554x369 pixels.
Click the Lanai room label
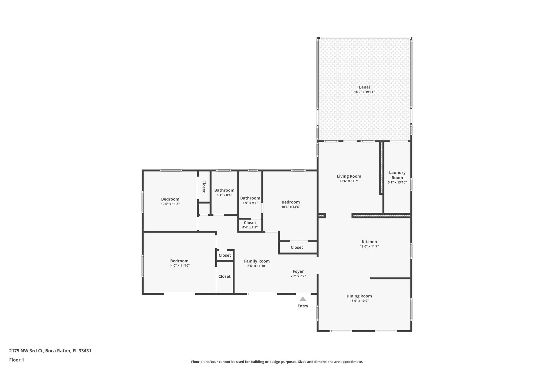click(364, 87)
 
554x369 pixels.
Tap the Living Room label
click(349, 176)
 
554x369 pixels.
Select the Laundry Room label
click(397, 175)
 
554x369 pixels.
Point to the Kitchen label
click(369, 242)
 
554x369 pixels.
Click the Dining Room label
click(359, 296)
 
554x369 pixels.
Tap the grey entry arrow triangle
click(303, 299)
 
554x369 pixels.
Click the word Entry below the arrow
click(303, 306)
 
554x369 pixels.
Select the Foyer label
click(298, 271)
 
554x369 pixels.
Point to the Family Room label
click(257, 261)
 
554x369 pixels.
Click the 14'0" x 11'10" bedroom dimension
click(179, 266)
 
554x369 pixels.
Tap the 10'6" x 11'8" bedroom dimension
click(170, 204)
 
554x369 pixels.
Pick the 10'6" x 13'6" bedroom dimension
click(291, 207)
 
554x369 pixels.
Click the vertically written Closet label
click(204, 187)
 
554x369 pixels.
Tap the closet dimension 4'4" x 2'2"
click(250, 227)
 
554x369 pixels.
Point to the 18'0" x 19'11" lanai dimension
click(364, 92)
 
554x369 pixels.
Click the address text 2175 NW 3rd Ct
click(26, 351)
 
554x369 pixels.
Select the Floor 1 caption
click(17, 360)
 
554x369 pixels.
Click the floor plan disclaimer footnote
click(277, 362)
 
